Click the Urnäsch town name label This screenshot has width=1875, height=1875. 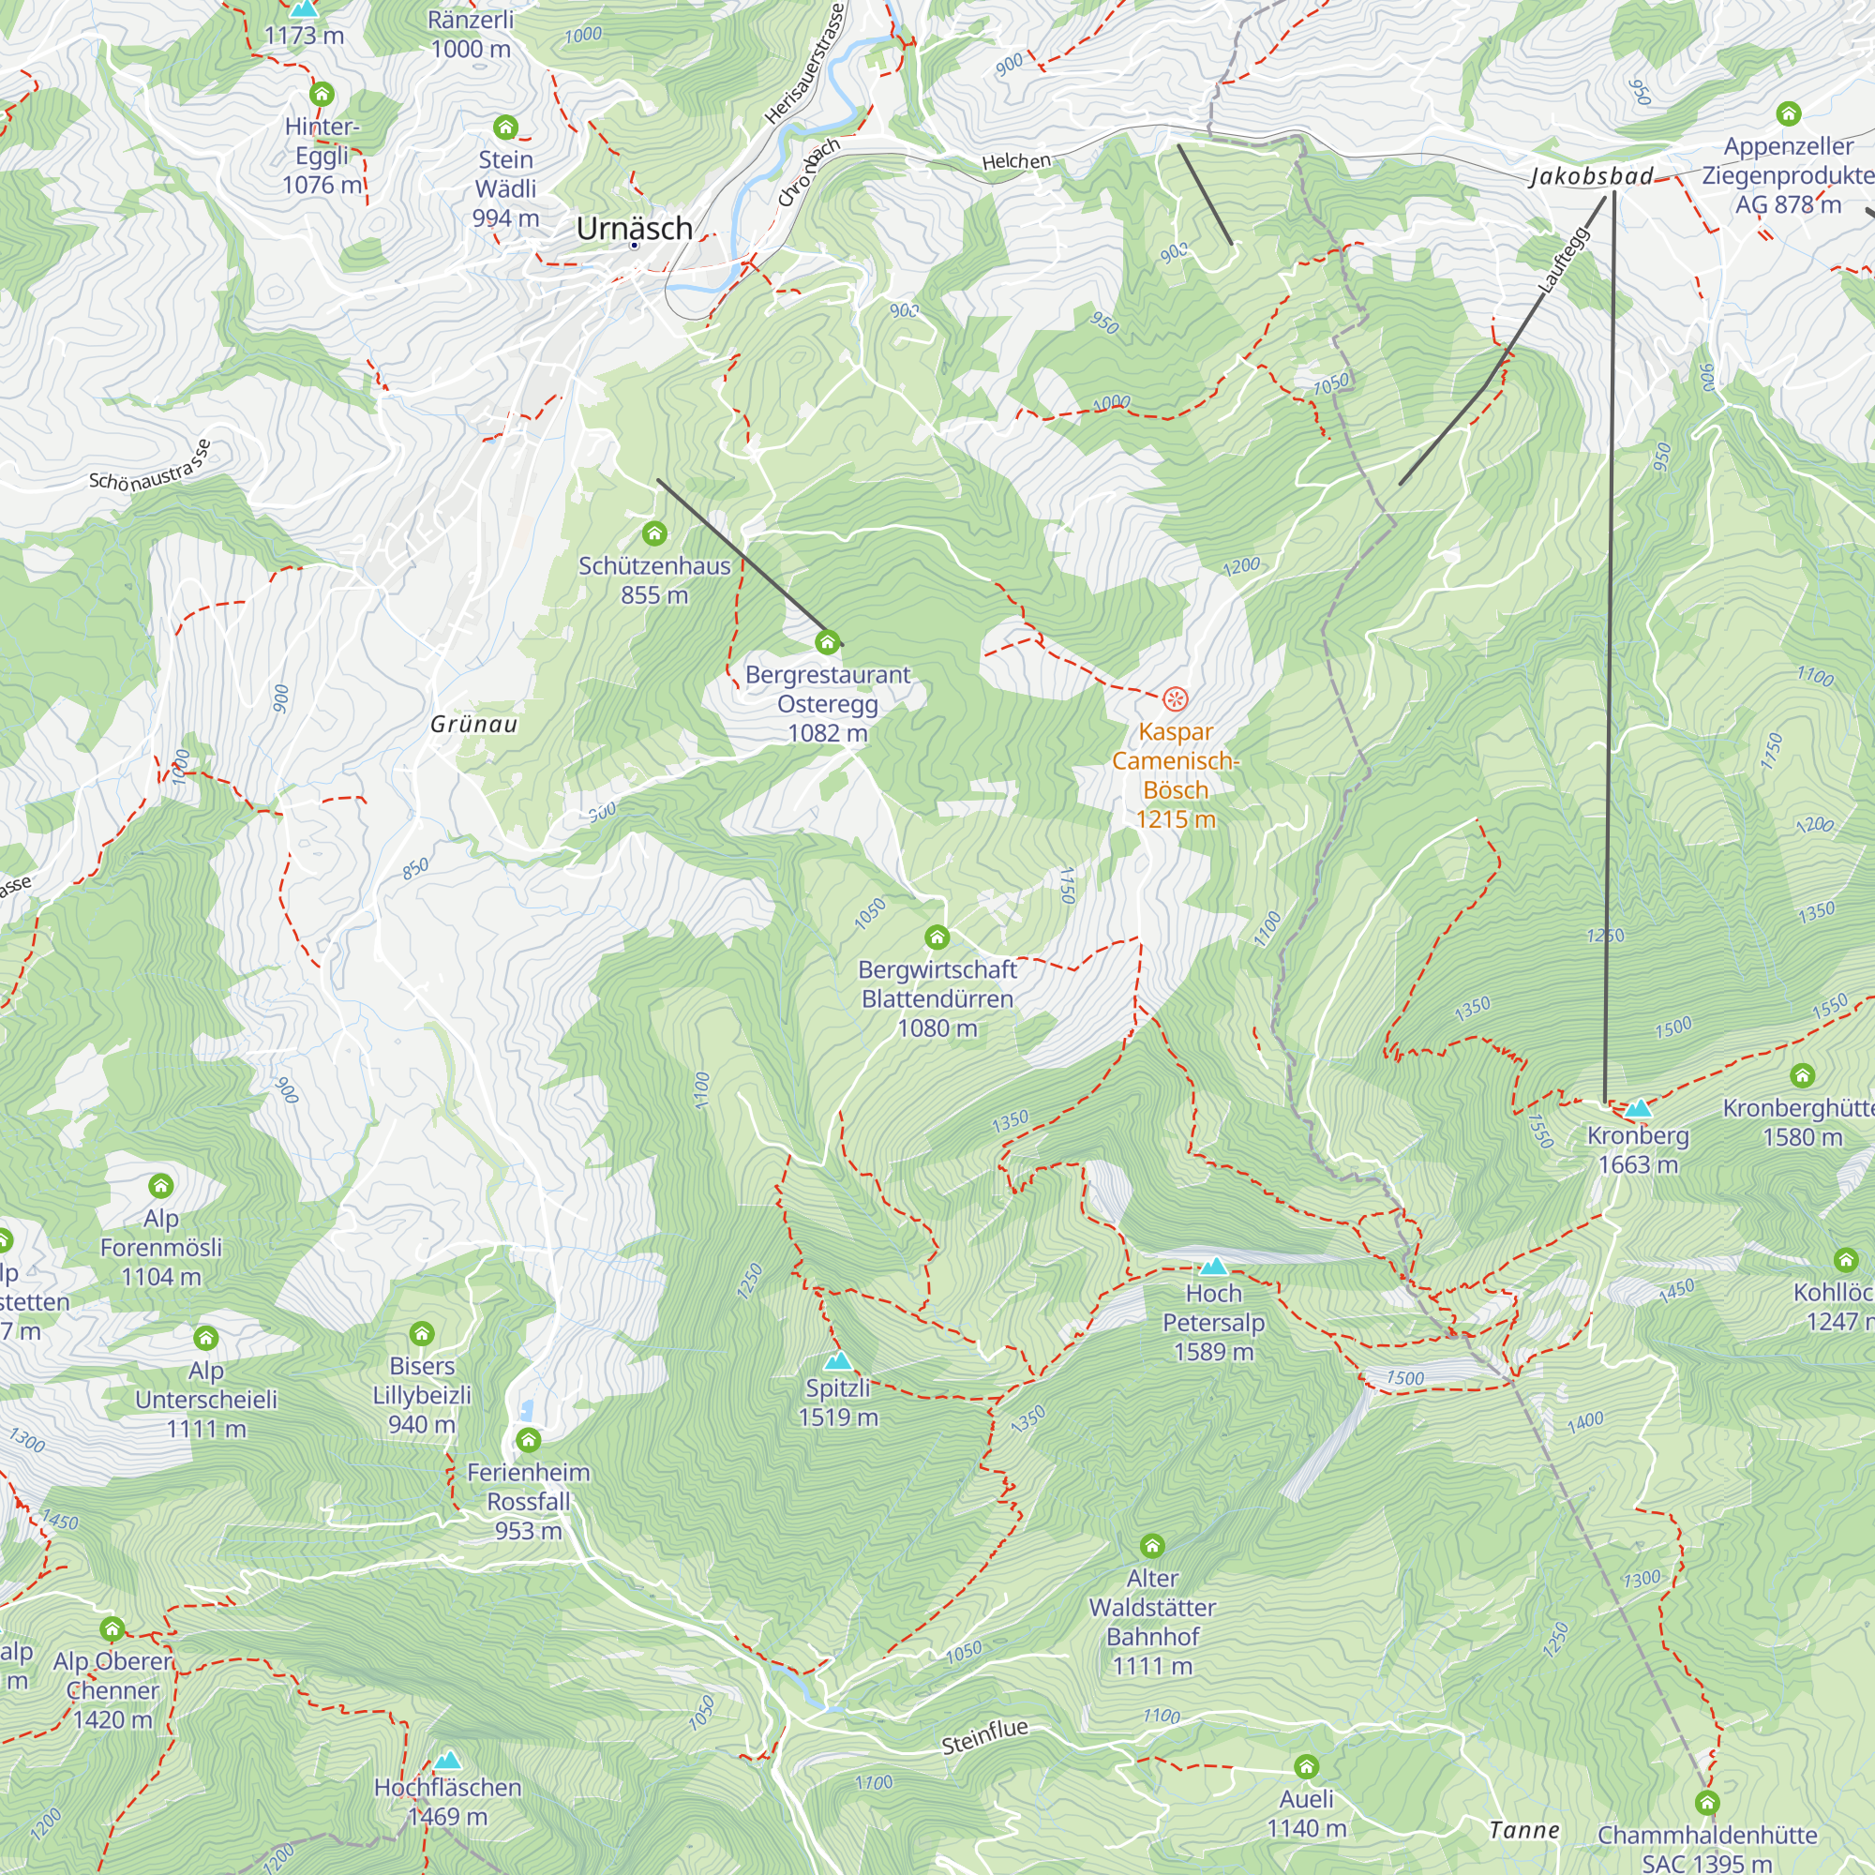click(x=634, y=228)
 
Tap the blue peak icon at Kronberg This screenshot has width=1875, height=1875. click(x=1638, y=1108)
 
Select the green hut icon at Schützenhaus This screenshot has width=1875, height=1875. click(x=654, y=533)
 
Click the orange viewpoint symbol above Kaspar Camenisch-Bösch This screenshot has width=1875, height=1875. click(x=1176, y=698)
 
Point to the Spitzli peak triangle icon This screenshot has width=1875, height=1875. click(x=837, y=1361)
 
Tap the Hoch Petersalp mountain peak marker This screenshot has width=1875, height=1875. click(x=1213, y=1267)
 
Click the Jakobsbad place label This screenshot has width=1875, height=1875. click(x=1592, y=176)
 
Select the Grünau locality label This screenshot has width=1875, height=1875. click(x=473, y=725)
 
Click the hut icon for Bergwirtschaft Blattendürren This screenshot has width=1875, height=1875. click(x=937, y=937)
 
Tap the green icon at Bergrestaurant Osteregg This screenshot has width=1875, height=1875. click(x=827, y=642)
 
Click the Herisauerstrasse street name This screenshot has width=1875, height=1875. click(x=804, y=64)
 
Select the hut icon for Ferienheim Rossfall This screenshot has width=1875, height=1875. click(x=528, y=1439)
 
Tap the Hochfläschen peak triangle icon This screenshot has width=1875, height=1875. click(x=447, y=1761)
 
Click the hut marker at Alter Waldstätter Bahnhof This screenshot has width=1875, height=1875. click(x=1152, y=1545)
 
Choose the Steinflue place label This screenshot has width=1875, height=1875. click(x=984, y=1737)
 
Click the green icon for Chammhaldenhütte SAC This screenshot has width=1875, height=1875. click(x=1707, y=1803)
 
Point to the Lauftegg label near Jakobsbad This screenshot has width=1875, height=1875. click(x=1564, y=260)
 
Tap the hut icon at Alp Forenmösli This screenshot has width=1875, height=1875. click(x=161, y=1186)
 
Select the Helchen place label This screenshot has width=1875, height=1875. click(x=1016, y=161)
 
